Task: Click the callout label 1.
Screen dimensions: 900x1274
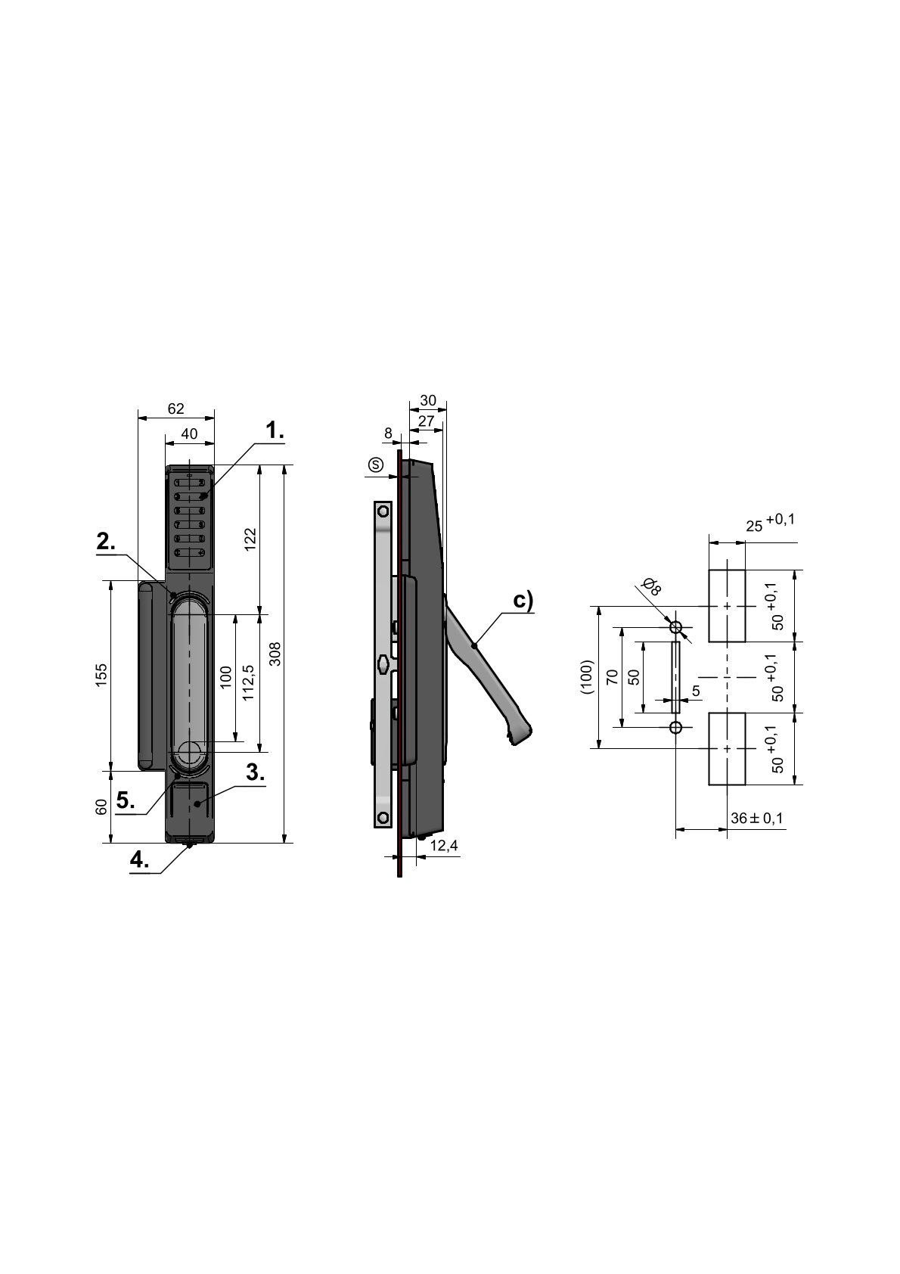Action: (x=275, y=430)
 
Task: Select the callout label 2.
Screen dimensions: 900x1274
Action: (x=106, y=542)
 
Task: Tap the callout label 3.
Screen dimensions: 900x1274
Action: (x=256, y=772)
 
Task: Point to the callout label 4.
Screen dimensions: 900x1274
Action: (x=140, y=859)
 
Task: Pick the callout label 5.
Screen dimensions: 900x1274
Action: (x=126, y=800)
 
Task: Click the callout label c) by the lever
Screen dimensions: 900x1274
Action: (x=523, y=600)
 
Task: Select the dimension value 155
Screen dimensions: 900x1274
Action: (x=101, y=675)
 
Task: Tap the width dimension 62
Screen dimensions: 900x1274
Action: (x=176, y=409)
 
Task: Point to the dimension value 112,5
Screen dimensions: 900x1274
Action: (x=249, y=682)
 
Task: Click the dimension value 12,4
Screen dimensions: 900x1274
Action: (x=444, y=846)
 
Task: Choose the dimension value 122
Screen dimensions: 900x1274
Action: (x=251, y=539)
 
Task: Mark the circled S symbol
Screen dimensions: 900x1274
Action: (x=376, y=465)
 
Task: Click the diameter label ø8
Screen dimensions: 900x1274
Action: (x=651, y=586)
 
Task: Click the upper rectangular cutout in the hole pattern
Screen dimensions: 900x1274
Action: (x=727, y=606)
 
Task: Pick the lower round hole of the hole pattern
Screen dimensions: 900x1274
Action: (x=675, y=728)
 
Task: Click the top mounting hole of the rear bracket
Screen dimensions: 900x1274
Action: (x=383, y=511)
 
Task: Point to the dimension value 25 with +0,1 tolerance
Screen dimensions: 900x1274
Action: (x=771, y=523)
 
